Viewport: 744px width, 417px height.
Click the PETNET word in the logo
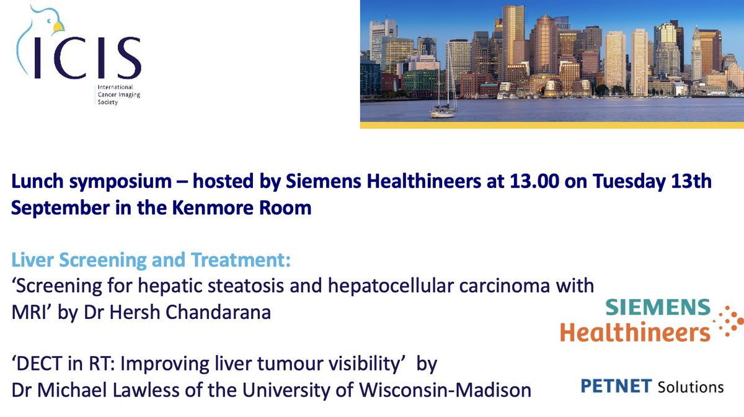[613, 386]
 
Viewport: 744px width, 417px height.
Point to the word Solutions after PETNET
[689, 386]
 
